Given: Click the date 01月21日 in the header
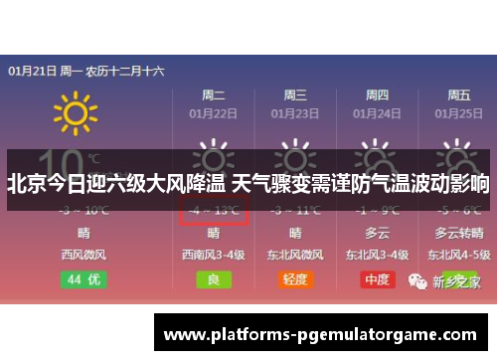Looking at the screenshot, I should [30, 71].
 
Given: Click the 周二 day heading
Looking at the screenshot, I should [214, 94].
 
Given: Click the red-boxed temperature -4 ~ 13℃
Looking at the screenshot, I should [214, 210].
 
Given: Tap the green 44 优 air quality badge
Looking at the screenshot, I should [83, 279].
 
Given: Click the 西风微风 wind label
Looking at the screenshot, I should [83, 255].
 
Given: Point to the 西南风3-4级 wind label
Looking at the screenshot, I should [214, 255].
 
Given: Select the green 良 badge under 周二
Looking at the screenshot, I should [214, 279].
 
